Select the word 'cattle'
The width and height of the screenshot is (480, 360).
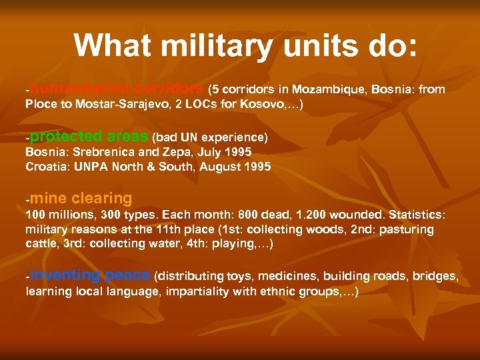point(41,243)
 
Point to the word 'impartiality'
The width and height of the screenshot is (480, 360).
point(197,291)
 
